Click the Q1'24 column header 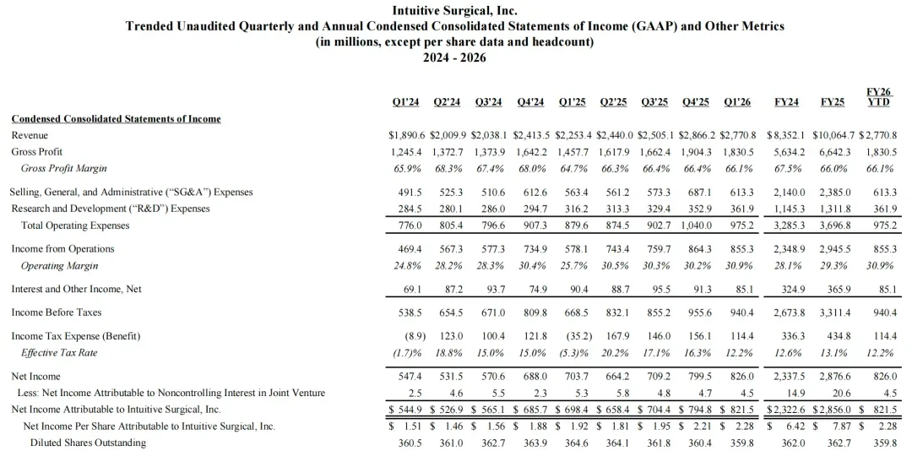405,102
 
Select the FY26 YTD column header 880,97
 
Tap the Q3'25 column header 654,102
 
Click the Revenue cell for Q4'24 531,136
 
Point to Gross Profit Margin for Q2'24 447,169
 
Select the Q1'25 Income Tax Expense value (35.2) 573,336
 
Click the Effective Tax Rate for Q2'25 615,353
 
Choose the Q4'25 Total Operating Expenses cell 695,225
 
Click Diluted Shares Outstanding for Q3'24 490,443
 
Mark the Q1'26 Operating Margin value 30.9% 738,266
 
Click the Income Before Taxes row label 57,312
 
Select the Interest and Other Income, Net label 76,289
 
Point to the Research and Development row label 111,209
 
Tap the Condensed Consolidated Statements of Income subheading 117,119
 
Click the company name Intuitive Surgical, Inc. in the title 455,10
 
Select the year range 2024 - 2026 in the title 454,57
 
